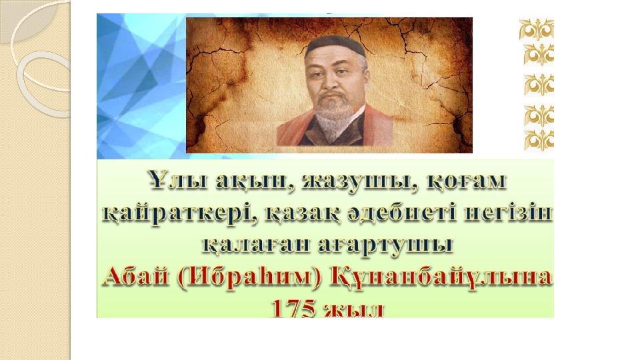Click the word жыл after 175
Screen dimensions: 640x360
click(353, 310)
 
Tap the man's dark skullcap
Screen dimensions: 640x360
click(335, 46)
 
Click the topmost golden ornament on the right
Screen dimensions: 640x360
click(536, 29)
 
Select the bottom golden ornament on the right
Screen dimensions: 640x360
click(539, 139)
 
